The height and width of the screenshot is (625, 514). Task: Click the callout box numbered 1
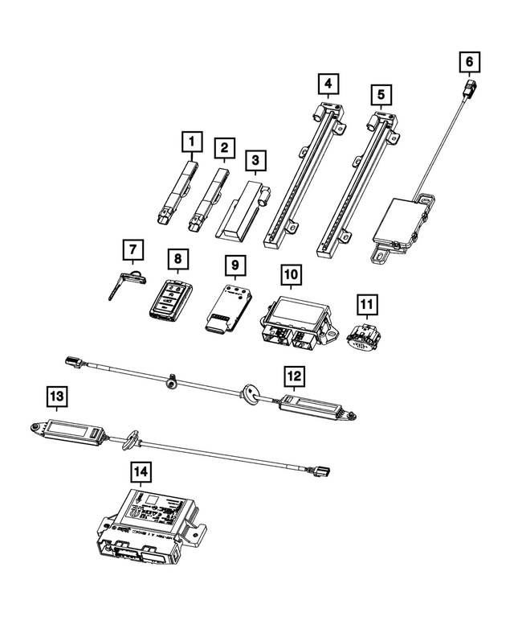[191, 143]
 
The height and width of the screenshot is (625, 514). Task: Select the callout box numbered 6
[470, 61]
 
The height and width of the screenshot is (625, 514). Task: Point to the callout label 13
[55, 396]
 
